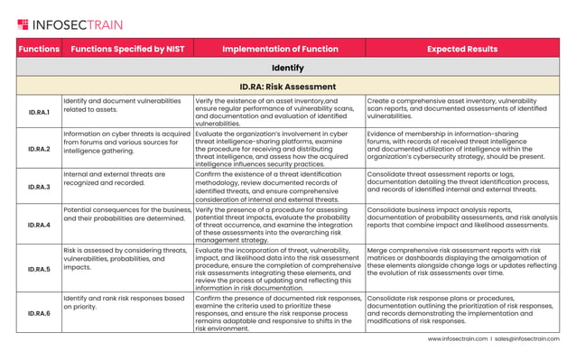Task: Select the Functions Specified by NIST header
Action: (126, 49)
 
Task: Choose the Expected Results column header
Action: (462, 49)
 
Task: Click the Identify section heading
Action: (288, 68)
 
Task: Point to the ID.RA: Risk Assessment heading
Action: (288, 87)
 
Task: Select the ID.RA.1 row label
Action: (39, 112)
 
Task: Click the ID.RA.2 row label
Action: (39, 148)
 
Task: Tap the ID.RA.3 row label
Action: (39, 187)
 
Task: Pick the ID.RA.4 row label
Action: (39, 225)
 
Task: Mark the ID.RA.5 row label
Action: (39, 268)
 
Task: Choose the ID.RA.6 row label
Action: (39, 312)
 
